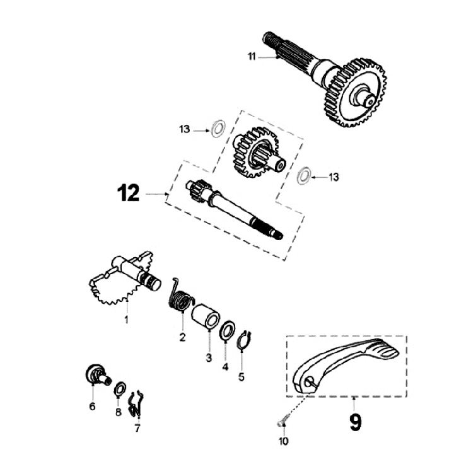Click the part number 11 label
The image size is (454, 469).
(252, 57)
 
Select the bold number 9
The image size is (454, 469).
(355, 422)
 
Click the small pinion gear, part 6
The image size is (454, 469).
(95, 374)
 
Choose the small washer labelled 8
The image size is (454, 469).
(119, 390)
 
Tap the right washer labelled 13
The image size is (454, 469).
(303, 177)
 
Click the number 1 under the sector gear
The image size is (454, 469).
(126, 320)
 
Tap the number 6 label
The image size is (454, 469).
(93, 406)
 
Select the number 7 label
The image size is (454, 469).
(137, 429)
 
